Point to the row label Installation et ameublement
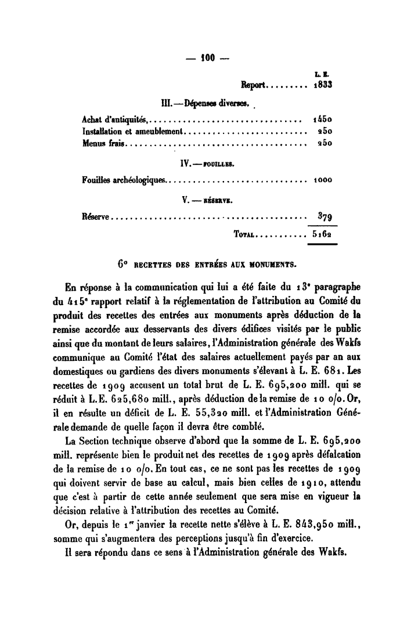[x=133, y=132]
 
